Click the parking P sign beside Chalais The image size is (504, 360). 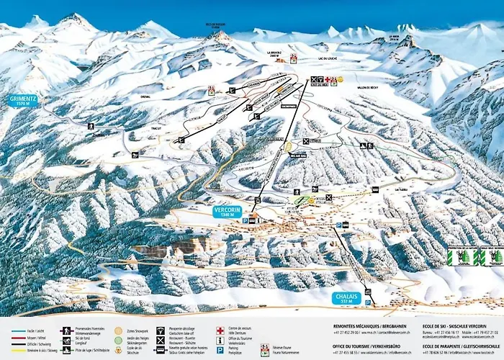click(369, 303)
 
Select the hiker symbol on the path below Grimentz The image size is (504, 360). click(91, 127)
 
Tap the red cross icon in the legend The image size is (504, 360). click(220, 330)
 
